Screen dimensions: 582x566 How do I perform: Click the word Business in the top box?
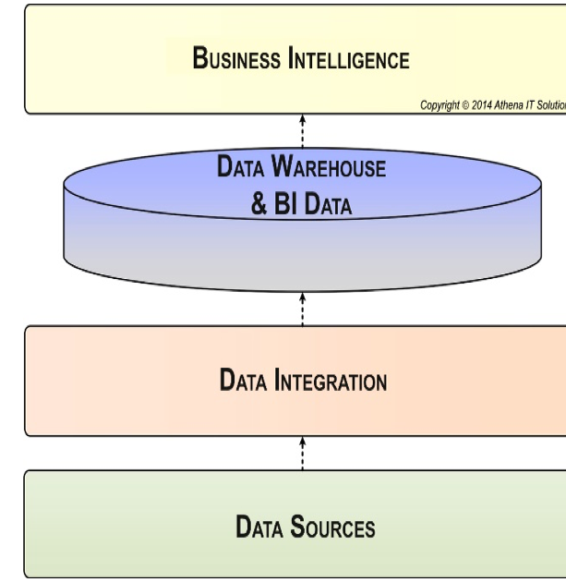click(x=236, y=59)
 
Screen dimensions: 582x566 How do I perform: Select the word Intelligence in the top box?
click(x=348, y=59)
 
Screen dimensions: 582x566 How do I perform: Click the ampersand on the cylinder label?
click(x=259, y=204)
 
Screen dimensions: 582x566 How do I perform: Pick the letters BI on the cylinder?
click(x=285, y=204)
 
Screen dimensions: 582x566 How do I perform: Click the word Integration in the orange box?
click(x=331, y=380)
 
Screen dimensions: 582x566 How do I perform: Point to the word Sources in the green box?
click(x=332, y=527)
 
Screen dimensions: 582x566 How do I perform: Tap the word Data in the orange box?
click(x=242, y=380)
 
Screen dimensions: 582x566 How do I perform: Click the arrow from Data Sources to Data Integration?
click(x=302, y=455)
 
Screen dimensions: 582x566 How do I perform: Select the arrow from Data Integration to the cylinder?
click(x=302, y=309)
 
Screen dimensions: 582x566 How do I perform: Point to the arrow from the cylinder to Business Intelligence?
click(x=302, y=131)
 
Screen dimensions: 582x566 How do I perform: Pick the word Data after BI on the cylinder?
click(x=328, y=204)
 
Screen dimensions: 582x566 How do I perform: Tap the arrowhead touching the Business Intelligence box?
click(x=302, y=118)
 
